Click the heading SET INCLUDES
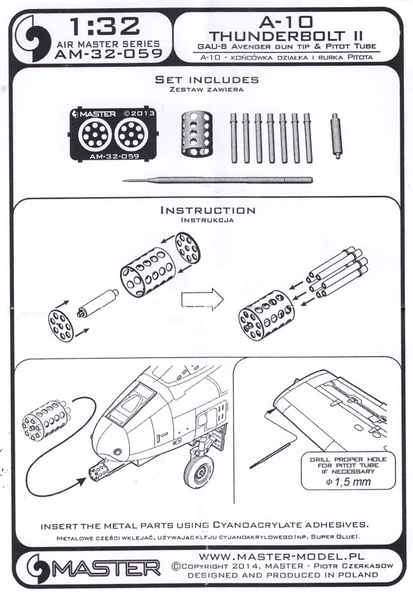tap(207, 80)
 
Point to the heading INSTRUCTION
tap(208, 210)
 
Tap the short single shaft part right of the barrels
tap(335, 134)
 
